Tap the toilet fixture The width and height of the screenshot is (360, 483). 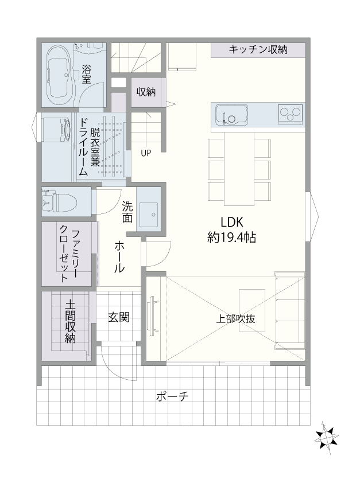59,202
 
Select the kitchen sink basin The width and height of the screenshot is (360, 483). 231,115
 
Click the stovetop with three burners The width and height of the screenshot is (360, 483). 290,114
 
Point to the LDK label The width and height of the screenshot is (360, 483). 232,222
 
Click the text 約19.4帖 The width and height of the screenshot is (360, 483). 231,237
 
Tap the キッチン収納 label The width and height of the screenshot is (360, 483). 258,49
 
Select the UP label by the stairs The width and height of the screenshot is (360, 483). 146,153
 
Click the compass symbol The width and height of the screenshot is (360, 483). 326,438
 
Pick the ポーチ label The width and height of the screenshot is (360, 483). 172,396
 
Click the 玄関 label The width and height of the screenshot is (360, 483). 119,317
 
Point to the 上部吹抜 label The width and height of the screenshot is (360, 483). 235,319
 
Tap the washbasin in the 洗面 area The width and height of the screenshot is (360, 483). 148,215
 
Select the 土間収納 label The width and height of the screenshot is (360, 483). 70,322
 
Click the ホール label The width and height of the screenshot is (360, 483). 119,258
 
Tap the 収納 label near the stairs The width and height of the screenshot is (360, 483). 146,92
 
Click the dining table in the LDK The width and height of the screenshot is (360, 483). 239,169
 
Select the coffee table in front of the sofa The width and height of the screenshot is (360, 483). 252,310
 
